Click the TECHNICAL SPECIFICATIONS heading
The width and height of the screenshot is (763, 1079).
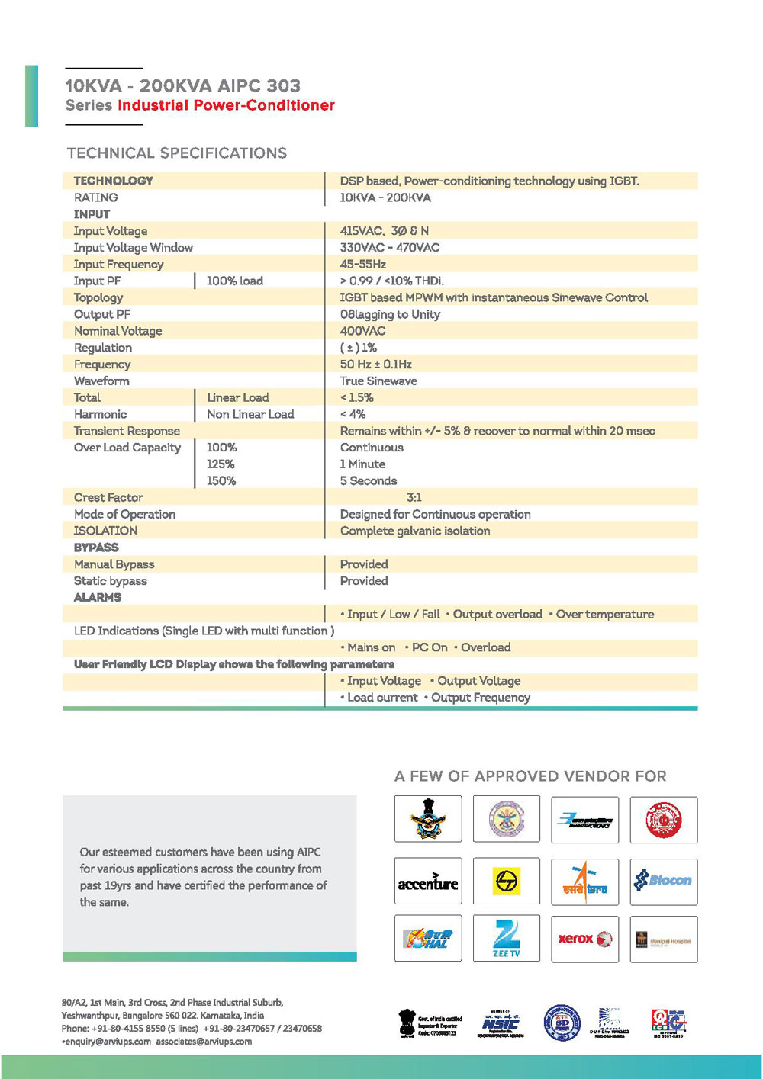tap(177, 153)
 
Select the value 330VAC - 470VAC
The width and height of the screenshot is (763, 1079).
tap(390, 248)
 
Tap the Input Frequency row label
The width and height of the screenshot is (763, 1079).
tap(118, 265)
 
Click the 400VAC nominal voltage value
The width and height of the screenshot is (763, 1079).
tap(363, 331)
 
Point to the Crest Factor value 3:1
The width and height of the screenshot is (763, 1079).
tap(414, 497)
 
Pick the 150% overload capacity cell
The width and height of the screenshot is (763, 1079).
tap(221, 481)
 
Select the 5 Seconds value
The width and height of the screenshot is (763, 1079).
tap(369, 481)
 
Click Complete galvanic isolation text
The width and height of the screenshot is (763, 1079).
tap(415, 531)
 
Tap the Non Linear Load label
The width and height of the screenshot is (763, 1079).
tap(250, 414)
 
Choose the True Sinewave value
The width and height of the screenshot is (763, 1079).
tap(378, 381)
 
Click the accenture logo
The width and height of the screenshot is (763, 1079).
tap(428, 882)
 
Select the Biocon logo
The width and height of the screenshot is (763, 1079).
tap(663, 881)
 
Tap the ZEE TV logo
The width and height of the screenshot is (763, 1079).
tap(506, 939)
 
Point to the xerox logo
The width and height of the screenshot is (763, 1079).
tap(584, 939)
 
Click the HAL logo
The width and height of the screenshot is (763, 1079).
tap(428, 939)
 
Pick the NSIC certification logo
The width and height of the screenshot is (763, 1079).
tap(501, 1023)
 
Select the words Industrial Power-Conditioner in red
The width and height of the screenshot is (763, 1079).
tap(226, 105)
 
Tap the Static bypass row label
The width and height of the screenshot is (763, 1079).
tap(111, 581)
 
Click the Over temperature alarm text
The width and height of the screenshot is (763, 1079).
tap(604, 615)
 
